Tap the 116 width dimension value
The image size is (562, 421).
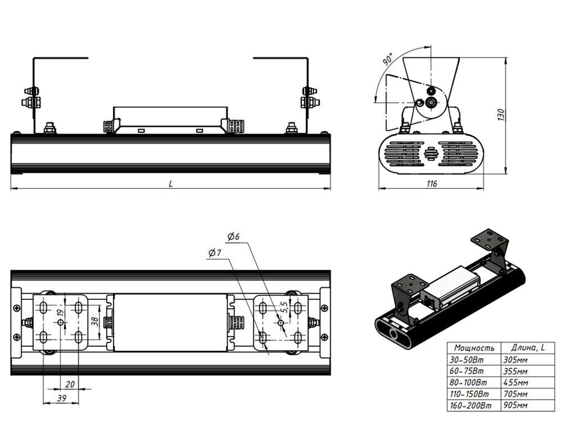pos(432,184)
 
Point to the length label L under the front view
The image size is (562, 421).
pos(170,184)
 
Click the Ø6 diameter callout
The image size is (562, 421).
pos(233,236)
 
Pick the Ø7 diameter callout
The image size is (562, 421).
pos(215,254)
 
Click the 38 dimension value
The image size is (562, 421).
pos(96,322)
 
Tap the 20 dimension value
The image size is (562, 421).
pos(70,384)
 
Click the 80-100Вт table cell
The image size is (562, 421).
pos(470,383)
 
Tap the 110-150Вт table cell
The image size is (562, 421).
pos(472,395)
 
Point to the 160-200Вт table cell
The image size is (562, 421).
pos(472,406)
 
